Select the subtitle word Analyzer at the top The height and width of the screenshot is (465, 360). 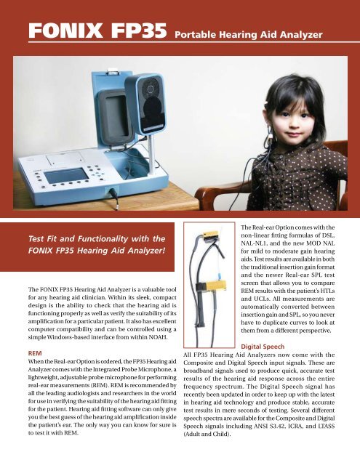coord(309,33)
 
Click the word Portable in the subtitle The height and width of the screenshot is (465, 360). coord(199,33)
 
